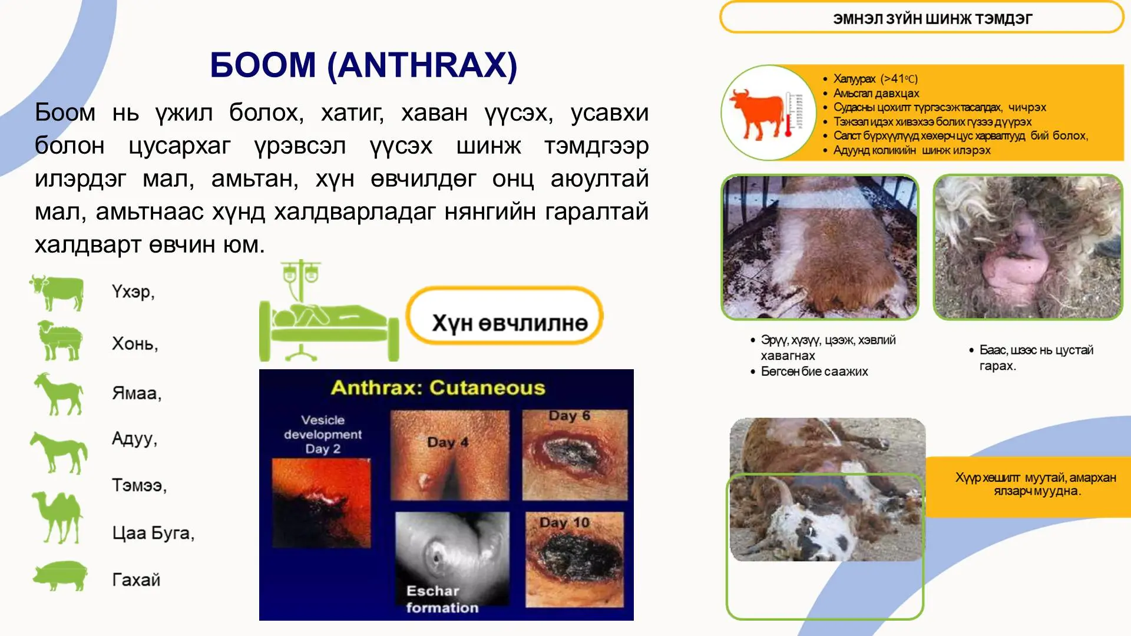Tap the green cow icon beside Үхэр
tap(58, 292)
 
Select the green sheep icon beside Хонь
tap(59, 340)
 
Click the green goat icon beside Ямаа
tap(59, 393)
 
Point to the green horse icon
tap(59, 452)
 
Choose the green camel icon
tap(58, 517)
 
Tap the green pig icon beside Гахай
tap(60, 575)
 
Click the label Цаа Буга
tap(153, 533)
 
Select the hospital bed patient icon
tap(328, 312)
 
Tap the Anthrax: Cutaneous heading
tap(438, 388)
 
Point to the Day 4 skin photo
tap(449, 455)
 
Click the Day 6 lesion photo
tap(574, 455)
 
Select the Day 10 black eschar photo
tap(574, 559)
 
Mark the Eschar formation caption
tap(442, 599)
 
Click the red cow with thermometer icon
tap(768, 113)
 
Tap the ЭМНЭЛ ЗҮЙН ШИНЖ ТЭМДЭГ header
tap(932, 19)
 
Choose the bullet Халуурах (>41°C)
tap(875, 79)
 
